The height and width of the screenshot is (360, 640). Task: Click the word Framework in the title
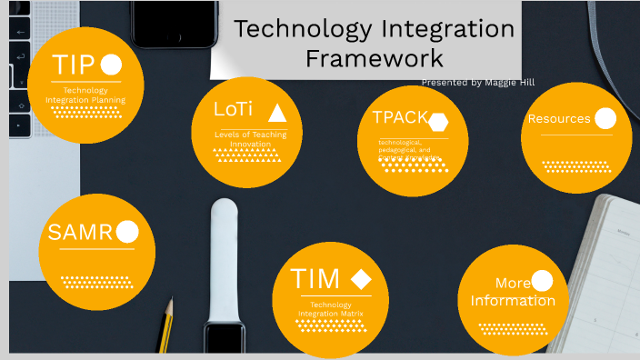(375, 58)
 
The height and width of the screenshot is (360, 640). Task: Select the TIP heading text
(74, 65)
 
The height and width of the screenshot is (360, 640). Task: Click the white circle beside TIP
(111, 65)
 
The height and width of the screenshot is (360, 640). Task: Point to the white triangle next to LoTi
(277, 113)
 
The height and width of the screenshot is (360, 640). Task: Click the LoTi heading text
(233, 109)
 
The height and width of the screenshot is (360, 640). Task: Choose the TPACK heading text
(400, 117)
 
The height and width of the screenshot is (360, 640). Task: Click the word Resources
(559, 119)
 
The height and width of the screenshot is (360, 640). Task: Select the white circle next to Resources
(605, 118)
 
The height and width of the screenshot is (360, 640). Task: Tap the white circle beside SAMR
(127, 233)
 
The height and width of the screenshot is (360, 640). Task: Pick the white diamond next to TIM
(361, 279)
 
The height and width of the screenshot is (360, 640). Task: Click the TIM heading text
(315, 278)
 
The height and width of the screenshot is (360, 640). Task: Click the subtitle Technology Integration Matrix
(331, 309)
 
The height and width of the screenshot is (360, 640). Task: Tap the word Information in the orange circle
(513, 301)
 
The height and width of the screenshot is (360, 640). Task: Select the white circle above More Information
(542, 281)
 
